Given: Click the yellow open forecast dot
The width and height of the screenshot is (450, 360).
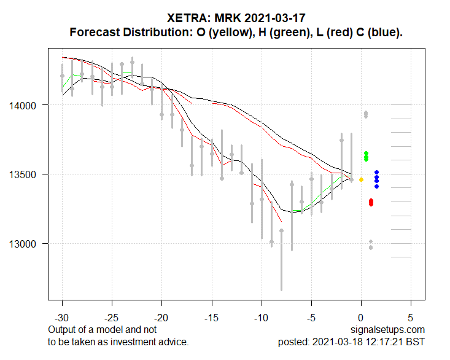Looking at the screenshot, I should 361,179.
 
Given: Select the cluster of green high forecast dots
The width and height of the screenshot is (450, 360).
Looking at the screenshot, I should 366,157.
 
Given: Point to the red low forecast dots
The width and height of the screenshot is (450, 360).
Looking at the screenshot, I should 371,202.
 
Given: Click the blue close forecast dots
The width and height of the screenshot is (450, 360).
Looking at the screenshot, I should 376,179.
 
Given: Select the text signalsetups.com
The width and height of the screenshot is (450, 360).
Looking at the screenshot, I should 389,331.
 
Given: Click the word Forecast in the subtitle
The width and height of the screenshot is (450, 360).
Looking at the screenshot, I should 93,32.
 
